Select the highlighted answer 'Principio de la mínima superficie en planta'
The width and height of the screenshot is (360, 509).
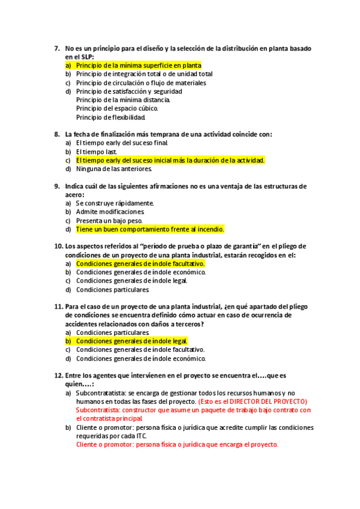139,65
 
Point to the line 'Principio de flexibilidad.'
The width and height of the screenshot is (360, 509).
111,117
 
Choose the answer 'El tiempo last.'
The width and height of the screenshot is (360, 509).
97,152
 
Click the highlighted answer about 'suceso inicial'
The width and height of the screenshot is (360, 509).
170,160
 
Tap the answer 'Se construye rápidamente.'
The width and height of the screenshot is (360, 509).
115,203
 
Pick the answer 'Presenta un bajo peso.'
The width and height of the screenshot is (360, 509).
109,221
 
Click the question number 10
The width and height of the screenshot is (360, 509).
58,247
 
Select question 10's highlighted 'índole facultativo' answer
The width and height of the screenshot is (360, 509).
140,264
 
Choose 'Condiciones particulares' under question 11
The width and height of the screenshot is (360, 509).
112,333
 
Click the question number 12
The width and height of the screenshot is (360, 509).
58,376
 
